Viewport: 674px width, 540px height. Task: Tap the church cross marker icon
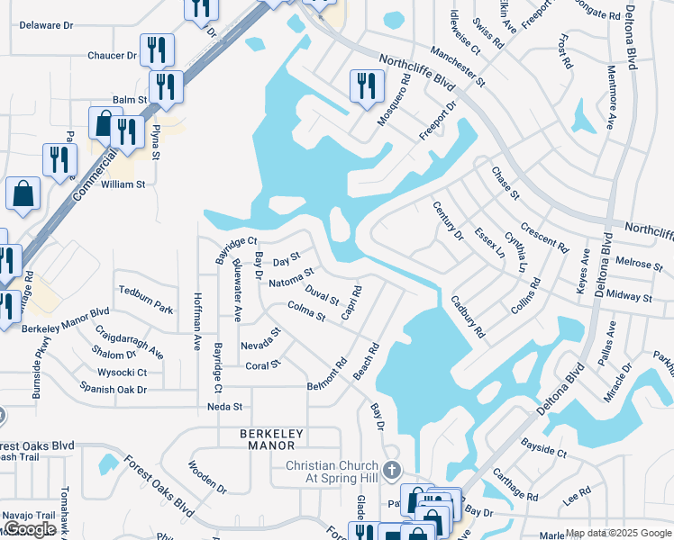click(391, 470)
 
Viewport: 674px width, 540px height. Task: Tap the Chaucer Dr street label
click(111, 56)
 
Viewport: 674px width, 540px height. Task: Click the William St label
click(123, 184)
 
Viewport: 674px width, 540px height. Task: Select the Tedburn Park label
click(145, 300)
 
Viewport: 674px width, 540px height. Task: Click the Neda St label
click(225, 407)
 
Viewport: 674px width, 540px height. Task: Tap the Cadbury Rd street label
click(468, 317)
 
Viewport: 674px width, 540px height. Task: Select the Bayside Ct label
click(543, 448)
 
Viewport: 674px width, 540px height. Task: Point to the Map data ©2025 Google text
click(618, 533)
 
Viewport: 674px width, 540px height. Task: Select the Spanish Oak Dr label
click(113, 389)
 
